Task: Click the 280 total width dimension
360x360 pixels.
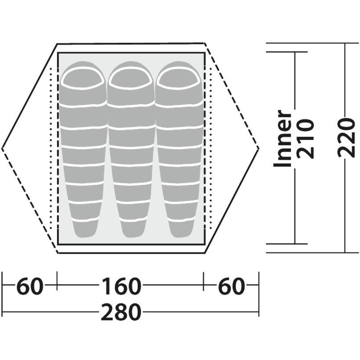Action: point(121,312)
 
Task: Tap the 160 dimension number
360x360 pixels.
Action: point(121,286)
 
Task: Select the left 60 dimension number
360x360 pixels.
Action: point(30,286)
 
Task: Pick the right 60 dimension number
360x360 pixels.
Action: point(231,286)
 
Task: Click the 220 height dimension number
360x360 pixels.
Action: point(345,138)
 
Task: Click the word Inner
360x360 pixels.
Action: point(282,138)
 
